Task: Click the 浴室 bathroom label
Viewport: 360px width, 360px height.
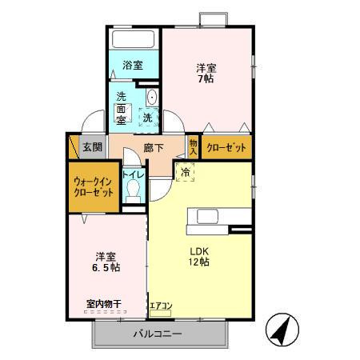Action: [x=133, y=66]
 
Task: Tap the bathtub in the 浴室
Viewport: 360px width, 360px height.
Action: [x=134, y=41]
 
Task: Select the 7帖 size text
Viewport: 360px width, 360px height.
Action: [x=206, y=80]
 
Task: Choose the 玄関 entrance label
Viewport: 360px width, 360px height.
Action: [x=93, y=147]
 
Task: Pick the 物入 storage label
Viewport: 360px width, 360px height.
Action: [x=193, y=146]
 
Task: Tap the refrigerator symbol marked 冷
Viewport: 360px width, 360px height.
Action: [x=185, y=171]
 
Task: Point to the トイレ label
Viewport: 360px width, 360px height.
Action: [x=132, y=174]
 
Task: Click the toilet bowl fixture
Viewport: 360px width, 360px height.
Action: [x=134, y=190]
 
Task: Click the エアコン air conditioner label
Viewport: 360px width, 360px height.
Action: [x=160, y=305]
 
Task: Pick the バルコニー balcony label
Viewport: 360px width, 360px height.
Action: [x=157, y=334]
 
